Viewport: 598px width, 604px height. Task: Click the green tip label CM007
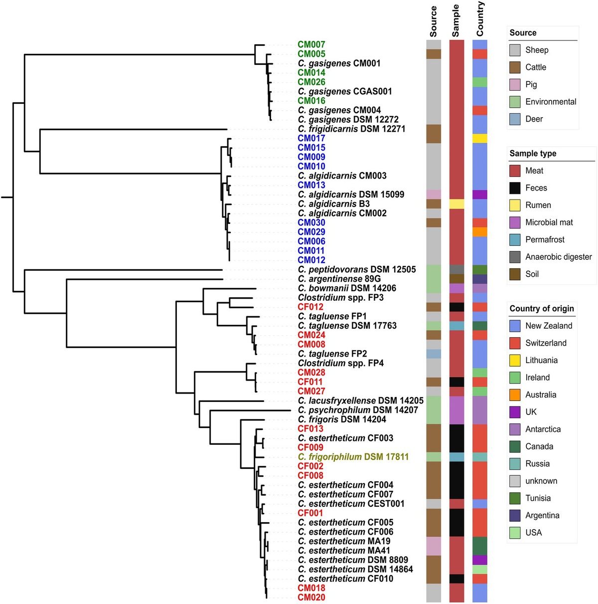(311, 44)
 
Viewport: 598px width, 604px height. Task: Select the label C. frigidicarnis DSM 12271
(351, 129)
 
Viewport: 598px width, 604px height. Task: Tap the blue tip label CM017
(311, 138)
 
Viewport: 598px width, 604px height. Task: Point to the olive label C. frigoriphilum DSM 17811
(353, 457)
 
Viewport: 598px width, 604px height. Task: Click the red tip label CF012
(310, 307)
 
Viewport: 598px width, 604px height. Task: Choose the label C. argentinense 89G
(339, 279)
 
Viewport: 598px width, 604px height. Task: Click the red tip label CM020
(311, 598)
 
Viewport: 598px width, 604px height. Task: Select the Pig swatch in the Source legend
(515, 84)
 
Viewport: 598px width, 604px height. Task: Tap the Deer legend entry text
(534, 119)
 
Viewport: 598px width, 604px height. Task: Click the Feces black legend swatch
(515, 188)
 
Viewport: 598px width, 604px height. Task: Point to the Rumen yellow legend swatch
(515, 205)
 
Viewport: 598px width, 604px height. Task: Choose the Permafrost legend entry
(545, 239)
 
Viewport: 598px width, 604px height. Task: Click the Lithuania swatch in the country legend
(515, 360)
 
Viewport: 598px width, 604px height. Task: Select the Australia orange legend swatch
(515, 395)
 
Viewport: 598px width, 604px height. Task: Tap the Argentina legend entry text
(542, 515)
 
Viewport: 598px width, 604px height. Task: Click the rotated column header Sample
(455, 21)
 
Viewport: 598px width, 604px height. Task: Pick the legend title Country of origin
(542, 309)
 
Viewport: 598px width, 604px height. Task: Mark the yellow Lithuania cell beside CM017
(479, 138)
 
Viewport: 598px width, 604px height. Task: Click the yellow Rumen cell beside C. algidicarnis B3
(456, 204)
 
